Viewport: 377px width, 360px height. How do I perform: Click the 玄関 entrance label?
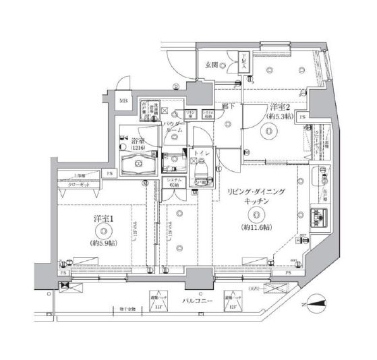click(210, 65)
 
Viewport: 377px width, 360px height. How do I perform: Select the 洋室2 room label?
click(281, 107)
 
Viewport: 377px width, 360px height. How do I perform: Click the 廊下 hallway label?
click(227, 107)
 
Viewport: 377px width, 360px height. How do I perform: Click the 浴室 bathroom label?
click(138, 142)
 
